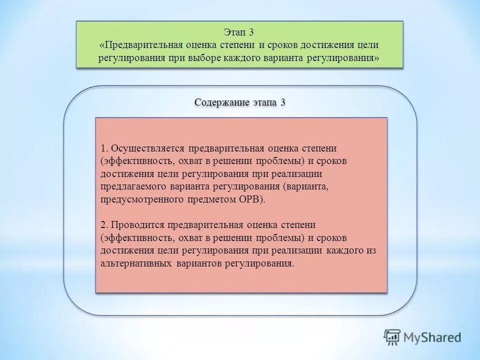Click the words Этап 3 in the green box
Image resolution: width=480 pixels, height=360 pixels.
[x=239, y=33]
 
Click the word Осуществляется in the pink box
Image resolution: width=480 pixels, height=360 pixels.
[x=147, y=149]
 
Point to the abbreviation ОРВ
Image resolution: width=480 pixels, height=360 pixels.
[x=251, y=199]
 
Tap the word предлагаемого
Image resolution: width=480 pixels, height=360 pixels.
[x=131, y=186]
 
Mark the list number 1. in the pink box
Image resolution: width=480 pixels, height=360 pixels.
[x=103, y=149]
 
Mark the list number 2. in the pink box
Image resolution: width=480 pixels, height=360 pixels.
[x=103, y=225]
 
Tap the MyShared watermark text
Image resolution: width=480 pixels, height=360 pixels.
[x=433, y=338]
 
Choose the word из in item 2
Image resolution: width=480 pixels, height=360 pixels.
[x=370, y=250]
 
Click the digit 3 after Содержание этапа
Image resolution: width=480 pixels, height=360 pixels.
[x=283, y=102]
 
